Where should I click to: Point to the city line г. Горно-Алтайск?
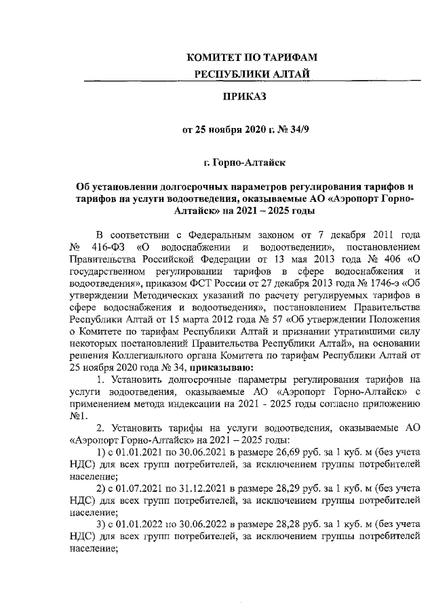tap(242, 163)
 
